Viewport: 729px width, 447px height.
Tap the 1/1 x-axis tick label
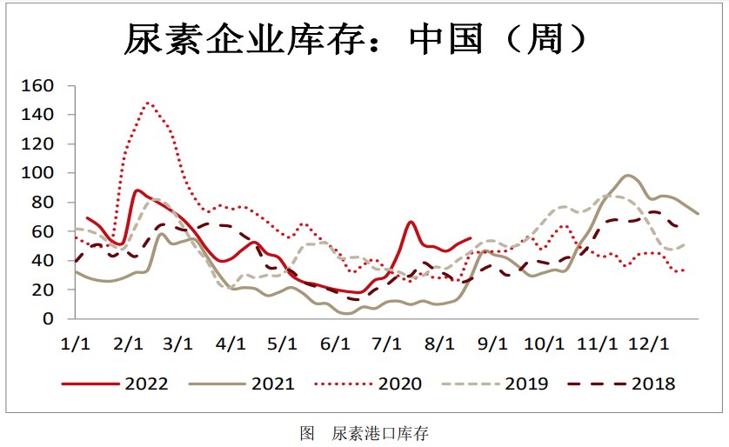tap(77, 343)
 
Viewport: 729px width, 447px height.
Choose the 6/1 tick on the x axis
tap(334, 343)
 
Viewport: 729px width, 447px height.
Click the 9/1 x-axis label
tap(492, 343)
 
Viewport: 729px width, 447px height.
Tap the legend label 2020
tap(399, 383)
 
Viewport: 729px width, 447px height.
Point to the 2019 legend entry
tap(526, 383)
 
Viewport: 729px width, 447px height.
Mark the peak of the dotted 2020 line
tap(148, 103)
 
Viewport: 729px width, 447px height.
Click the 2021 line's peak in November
tap(627, 175)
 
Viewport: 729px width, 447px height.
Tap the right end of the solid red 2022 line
tap(471, 238)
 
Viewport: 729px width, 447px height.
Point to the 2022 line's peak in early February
tap(137, 190)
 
